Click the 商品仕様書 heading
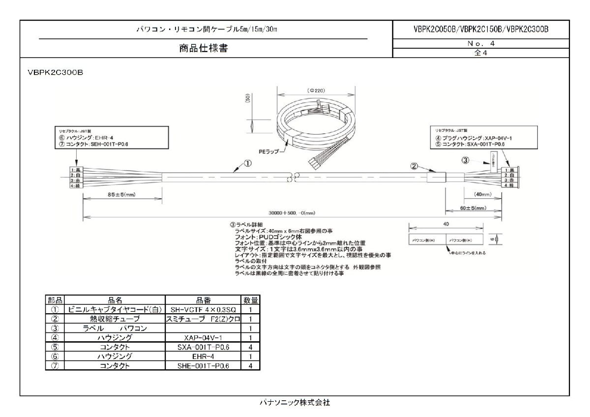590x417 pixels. click(203, 48)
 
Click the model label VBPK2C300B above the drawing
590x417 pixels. click(55, 72)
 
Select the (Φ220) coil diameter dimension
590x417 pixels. click(316, 90)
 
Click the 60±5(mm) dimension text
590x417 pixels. click(474, 208)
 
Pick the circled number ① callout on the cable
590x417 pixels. click(249, 162)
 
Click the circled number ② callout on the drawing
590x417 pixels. click(414, 166)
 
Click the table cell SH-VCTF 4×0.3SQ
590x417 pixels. click(203, 310)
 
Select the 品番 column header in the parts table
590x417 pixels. click(203, 299)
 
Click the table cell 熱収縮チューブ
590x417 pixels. click(115, 319)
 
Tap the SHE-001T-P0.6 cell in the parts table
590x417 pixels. click(203, 365)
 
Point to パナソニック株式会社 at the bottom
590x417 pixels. click(295, 402)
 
